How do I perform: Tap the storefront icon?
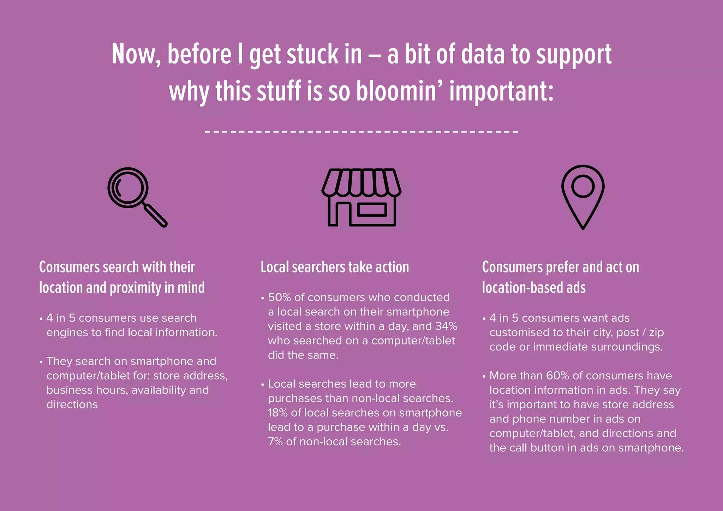point(361,197)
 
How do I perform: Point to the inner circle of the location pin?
point(583,186)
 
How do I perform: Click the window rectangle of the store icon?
point(372,210)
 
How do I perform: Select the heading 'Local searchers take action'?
point(335,267)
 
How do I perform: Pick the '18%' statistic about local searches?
point(277,413)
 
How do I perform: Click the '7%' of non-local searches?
point(275,442)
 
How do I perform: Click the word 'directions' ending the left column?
point(72,404)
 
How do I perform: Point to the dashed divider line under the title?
point(361,131)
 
